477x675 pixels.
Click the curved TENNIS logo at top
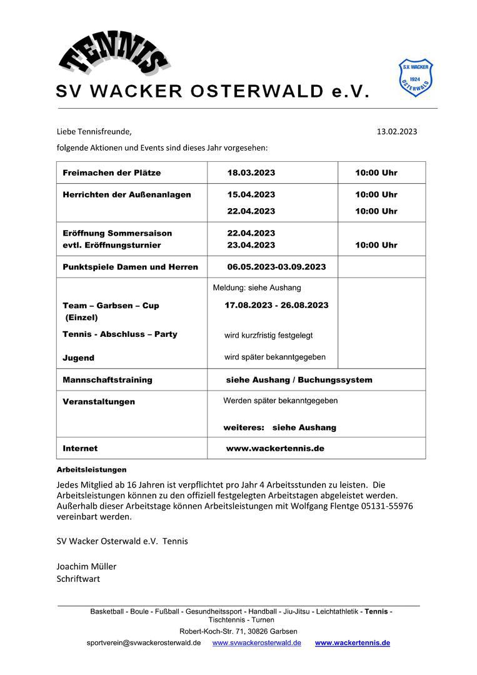(114, 54)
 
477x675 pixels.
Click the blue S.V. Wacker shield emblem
(416, 78)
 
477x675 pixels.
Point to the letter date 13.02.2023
(396, 131)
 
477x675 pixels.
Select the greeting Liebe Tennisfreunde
(94, 131)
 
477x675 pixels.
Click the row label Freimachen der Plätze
(111, 172)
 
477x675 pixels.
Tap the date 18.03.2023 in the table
(251, 172)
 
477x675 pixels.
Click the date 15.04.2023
(251, 194)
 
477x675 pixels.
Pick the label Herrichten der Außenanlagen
(126, 194)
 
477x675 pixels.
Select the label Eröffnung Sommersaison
(117, 233)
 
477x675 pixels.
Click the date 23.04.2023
(251, 245)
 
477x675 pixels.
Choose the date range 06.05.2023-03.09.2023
(276, 267)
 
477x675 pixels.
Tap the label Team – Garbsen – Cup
(111, 306)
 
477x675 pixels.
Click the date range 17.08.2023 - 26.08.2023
(276, 305)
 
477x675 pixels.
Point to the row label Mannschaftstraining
(107, 379)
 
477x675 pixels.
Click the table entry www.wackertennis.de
(275, 448)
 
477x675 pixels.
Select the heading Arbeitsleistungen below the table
(91, 469)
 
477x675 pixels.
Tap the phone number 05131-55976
(387, 506)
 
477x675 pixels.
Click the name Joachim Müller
(86, 566)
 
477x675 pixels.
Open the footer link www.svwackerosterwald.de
(256, 642)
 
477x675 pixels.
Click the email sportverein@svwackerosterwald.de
(144, 642)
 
